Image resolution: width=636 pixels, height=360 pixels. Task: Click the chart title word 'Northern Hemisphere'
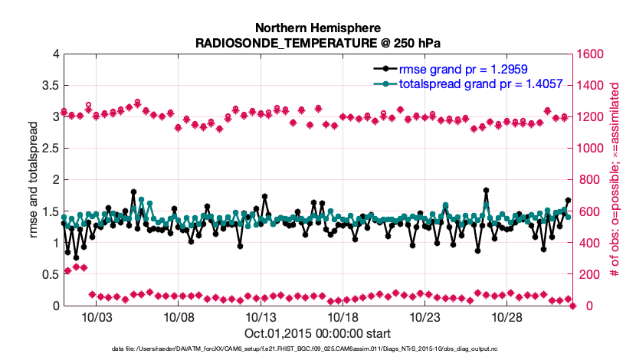pos(318,27)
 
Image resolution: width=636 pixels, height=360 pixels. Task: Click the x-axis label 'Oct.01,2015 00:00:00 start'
pos(318,333)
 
